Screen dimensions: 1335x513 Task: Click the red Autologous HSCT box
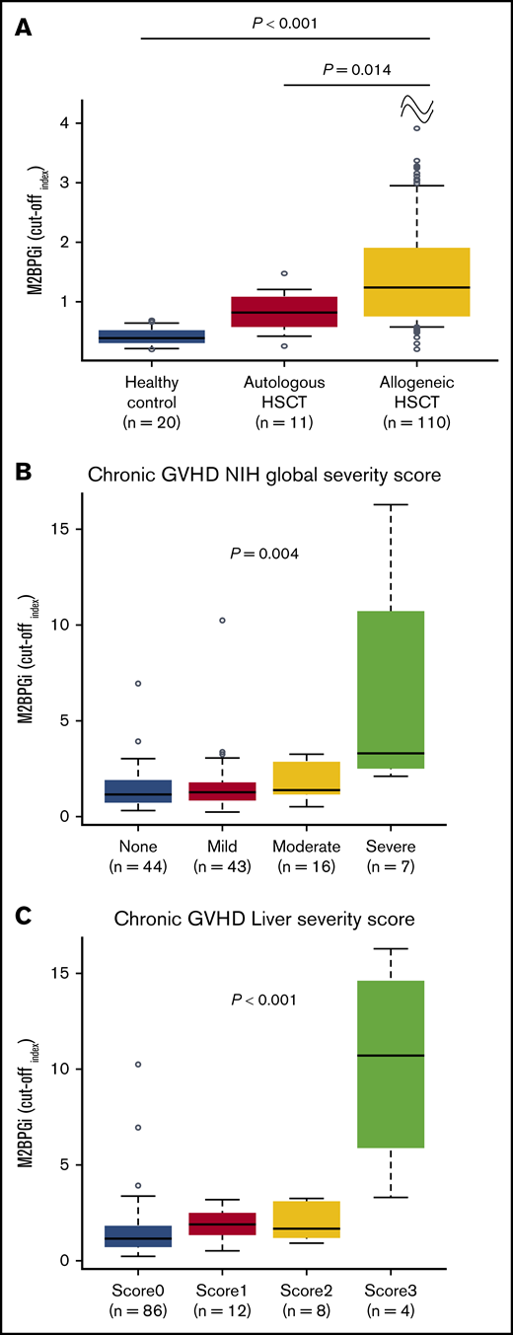click(x=284, y=311)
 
